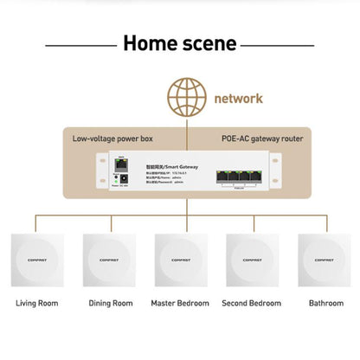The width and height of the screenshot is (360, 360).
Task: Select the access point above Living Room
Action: point(37,258)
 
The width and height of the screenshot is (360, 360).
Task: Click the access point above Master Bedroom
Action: point(180,258)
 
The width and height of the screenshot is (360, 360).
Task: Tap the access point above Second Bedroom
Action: point(252,258)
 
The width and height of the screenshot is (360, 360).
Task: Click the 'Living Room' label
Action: point(37,304)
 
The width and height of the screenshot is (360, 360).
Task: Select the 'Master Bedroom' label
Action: point(180,304)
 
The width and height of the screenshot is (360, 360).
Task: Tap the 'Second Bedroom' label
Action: point(252,304)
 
